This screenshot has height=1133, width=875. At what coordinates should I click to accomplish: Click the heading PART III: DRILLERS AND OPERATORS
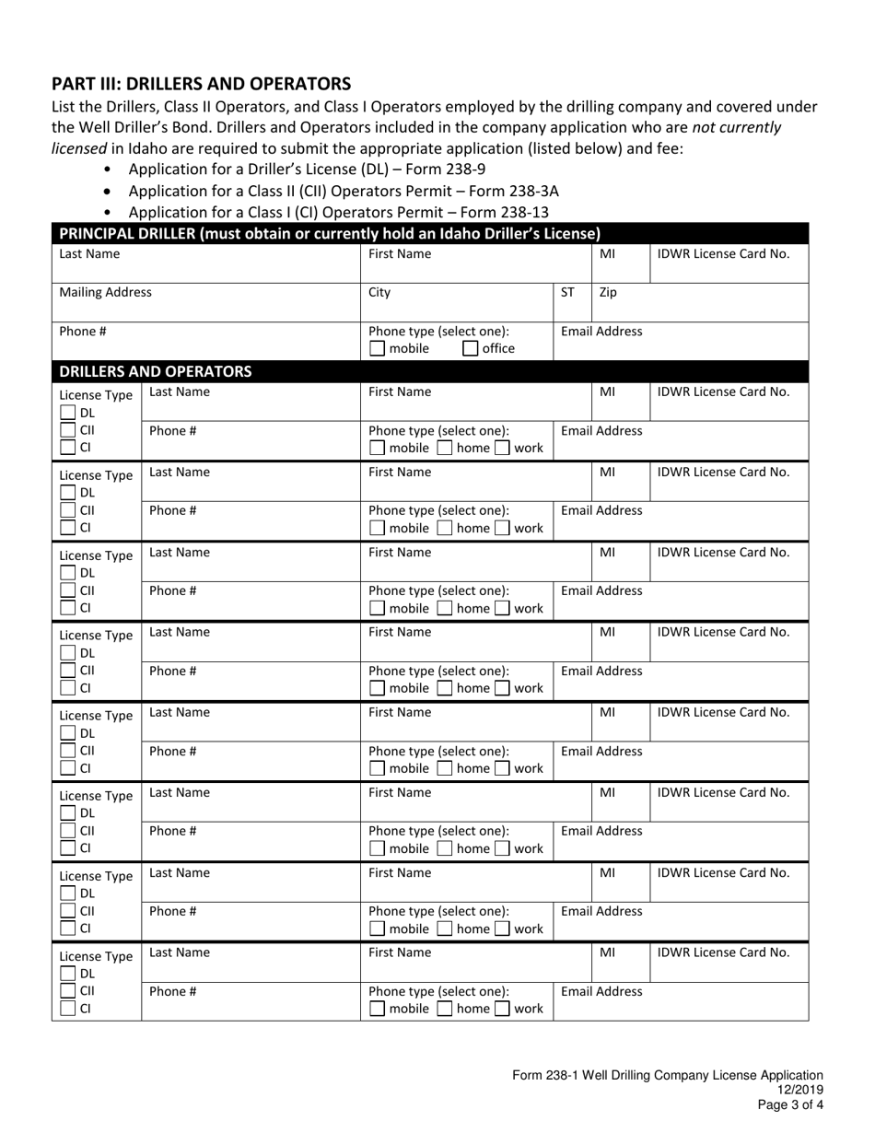pyautogui.click(x=201, y=83)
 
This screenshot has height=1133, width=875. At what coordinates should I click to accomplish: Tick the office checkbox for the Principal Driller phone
pyautogui.click(x=470, y=349)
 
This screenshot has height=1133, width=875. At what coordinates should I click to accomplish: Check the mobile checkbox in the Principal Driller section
pyautogui.click(x=377, y=349)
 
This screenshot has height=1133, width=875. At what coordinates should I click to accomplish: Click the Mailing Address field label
pyautogui.click(x=105, y=292)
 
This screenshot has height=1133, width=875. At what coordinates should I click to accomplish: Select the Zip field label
pyautogui.click(x=608, y=292)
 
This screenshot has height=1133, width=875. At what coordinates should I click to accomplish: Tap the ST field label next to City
pyautogui.click(x=567, y=292)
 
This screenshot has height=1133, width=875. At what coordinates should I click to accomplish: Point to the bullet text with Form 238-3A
pyautogui.click(x=343, y=191)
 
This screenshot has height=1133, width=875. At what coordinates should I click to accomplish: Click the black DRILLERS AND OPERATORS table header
pyautogui.click(x=155, y=371)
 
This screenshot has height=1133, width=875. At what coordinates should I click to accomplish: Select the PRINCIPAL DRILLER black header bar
pyautogui.click(x=330, y=232)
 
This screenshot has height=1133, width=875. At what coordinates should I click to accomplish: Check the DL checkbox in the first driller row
pyautogui.click(x=67, y=413)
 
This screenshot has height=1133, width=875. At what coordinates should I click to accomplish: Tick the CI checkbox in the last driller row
pyautogui.click(x=67, y=1009)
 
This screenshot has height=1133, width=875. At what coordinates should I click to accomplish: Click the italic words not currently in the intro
pyautogui.click(x=736, y=127)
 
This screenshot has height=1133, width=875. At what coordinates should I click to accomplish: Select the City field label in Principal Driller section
pyautogui.click(x=379, y=292)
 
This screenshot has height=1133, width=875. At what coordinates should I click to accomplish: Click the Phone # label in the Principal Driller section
pyautogui.click(x=78, y=331)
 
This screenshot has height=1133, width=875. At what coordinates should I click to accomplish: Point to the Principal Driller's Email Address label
pyautogui.click(x=601, y=331)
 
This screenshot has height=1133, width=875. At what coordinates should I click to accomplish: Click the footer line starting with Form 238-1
pyautogui.click(x=668, y=1075)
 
